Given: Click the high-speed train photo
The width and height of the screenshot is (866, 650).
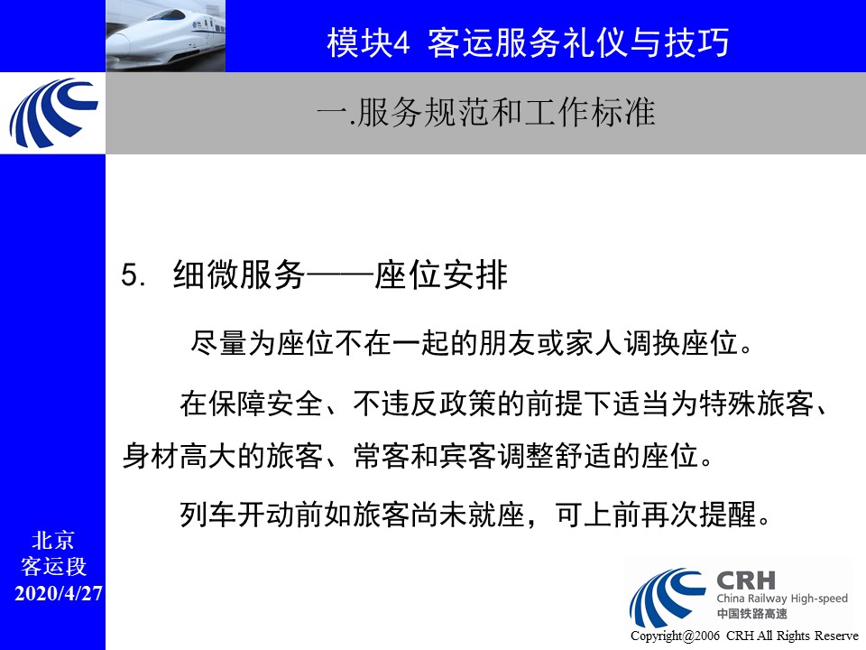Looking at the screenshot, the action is (x=166, y=36).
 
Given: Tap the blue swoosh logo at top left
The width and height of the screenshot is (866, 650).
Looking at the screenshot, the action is (x=53, y=114).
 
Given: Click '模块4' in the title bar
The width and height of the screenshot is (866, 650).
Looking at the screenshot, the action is (x=368, y=42).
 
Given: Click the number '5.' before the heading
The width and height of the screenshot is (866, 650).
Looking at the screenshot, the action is (x=134, y=274).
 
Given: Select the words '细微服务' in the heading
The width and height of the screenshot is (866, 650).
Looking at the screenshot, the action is (x=239, y=274).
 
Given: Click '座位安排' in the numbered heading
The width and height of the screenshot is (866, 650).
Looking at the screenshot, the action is (x=441, y=274).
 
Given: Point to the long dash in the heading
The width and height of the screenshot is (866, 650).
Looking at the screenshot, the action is (x=340, y=274).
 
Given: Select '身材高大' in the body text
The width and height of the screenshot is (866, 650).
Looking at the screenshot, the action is (x=179, y=457).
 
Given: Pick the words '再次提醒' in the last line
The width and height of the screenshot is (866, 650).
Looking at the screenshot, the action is (x=698, y=515).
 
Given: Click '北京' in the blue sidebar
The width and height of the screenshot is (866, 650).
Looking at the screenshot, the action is (x=53, y=541).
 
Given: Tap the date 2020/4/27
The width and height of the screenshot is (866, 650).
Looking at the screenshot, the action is (x=58, y=594).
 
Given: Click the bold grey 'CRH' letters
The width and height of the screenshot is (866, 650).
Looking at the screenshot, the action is (x=746, y=580).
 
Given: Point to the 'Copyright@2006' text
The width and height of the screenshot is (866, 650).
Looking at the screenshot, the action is (x=675, y=636).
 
